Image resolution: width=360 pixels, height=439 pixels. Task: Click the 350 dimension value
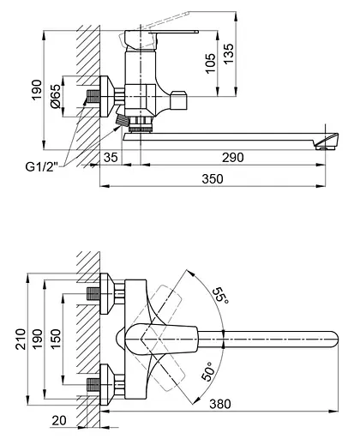coord(213,179)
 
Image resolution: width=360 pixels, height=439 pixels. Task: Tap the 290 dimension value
coord(233,158)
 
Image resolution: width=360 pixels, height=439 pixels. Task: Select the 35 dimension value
coord(111,158)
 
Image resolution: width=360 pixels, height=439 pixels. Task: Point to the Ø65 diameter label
coord(56,96)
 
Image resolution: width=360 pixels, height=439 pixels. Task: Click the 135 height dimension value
coord(228,54)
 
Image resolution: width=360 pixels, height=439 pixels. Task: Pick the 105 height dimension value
coord(211,63)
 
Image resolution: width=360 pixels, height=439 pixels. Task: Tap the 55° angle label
coord(221,296)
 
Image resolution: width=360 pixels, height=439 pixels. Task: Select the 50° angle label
coord(208,371)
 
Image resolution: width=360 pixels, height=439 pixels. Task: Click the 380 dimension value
coord(220,404)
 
